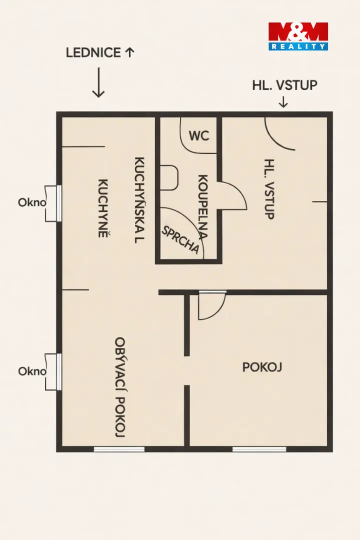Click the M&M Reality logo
[x=298, y=36]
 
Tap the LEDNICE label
[x=93, y=52]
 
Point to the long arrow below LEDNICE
[x=98, y=82]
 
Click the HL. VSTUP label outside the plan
[x=284, y=85]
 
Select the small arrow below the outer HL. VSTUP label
[x=283, y=102]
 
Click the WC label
[x=199, y=135]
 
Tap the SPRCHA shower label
[x=180, y=240]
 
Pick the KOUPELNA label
[x=202, y=207]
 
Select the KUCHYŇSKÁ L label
[x=139, y=200]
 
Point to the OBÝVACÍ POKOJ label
[x=120, y=387]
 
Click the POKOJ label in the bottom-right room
[x=262, y=367]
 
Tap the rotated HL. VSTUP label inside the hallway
[x=269, y=188]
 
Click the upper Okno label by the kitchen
[x=32, y=202]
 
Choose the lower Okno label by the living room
[x=32, y=371]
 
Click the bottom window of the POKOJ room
[x=259, y=449]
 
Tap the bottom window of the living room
[x=119, y=449]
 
